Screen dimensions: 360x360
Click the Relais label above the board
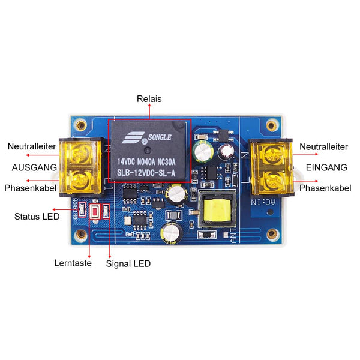pos(149,99)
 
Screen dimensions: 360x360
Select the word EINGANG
pos(326,167)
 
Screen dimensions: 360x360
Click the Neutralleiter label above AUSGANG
pos(32,146)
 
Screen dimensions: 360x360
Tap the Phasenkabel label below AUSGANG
pos(31,188)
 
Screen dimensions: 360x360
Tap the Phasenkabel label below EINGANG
pos(325,188)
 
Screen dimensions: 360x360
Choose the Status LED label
pos(37,216)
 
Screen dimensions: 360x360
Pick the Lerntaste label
pos(73,263)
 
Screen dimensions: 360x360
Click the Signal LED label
pos(128,263)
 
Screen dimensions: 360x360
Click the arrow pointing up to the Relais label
pos(149,113)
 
